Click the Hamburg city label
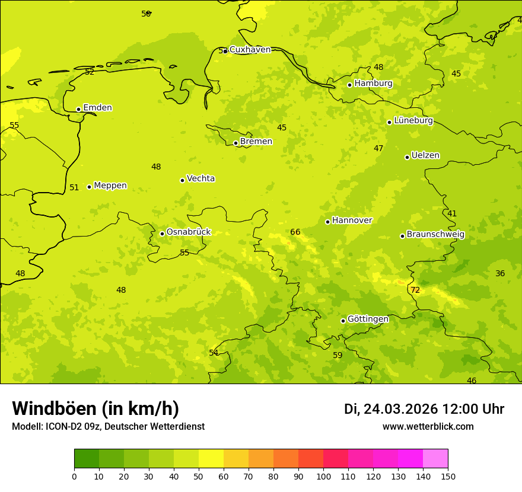click(x=373, y=84)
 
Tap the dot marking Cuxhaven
click(x=225, y=52)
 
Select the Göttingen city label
click(x=368, y=319)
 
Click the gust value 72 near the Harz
click(x=415, y=290)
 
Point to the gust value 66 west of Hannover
click(x=295, y=232)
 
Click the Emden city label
click(x=97, y=108)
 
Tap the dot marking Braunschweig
click(x=402, y=236)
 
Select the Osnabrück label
click(x=189, y=232)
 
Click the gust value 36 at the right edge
click(x=500, y=273)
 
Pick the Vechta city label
click(x=200, y=178)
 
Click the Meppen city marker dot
click(x=89, y=187)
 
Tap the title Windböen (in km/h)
click(x=96, y=408)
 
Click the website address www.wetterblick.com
click(x=428, y=427)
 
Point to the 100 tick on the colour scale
click(x=323, y=476)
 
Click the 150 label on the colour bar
click(x=448, y=476)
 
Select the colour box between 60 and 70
click(x=236, y=459)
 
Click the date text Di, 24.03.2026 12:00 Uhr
click(x=424, y=409)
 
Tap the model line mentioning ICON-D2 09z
click(x=108, y=427)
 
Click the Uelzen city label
click(x=425, y=155)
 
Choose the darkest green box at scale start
click(x=87, y=459)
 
